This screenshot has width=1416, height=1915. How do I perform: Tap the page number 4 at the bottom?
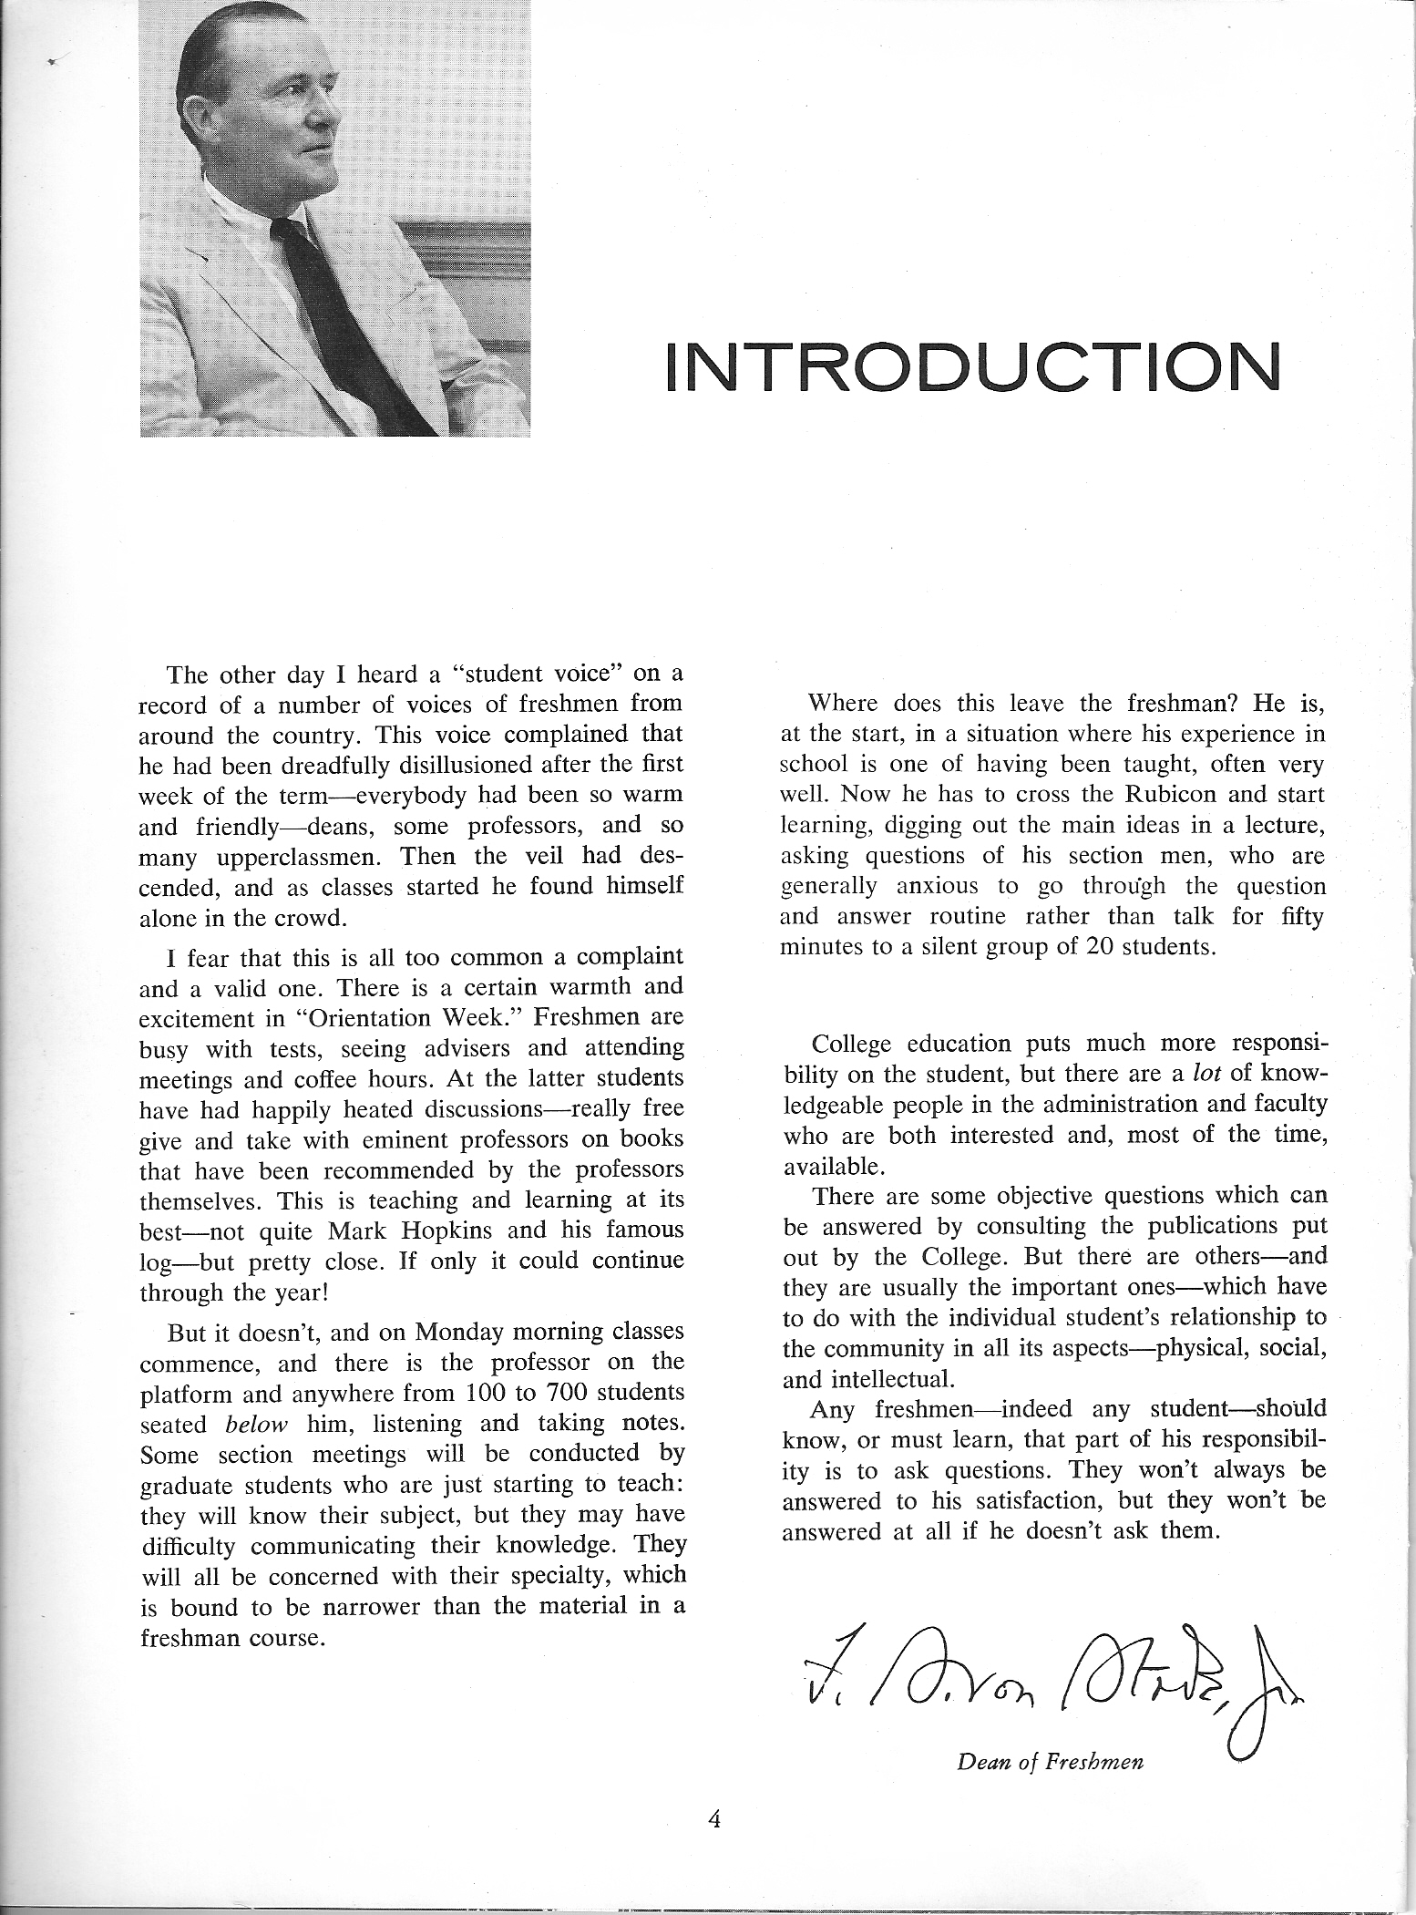[x=714, y=1819]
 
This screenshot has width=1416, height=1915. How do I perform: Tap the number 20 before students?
[x=1061, y=946]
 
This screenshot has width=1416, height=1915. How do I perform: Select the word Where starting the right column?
[x=844, y=703]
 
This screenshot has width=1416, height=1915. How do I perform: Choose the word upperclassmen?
[x=303, y=857]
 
